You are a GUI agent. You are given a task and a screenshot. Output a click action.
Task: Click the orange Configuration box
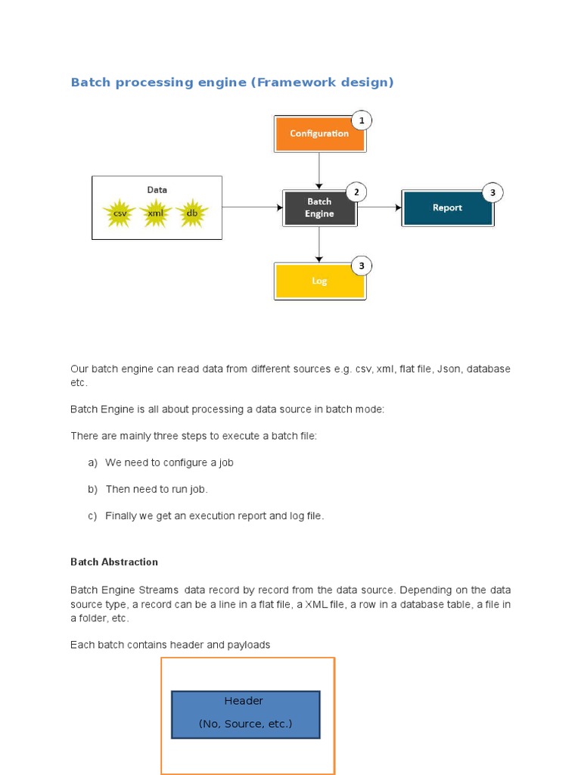318,134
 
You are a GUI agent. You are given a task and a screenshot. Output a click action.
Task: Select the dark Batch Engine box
318,208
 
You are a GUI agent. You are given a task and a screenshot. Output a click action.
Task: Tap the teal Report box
447,208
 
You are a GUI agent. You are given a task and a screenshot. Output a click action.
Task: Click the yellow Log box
318,281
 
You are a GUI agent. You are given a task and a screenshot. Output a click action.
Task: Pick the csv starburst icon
120,213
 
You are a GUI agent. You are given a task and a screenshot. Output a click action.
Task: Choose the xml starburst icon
156,213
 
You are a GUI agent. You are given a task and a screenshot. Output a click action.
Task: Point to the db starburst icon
192,213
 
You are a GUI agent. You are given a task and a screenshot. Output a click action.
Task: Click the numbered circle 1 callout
362,120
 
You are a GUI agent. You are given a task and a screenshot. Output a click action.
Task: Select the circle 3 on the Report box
492,193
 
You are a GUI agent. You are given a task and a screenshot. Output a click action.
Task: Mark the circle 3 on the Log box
362,266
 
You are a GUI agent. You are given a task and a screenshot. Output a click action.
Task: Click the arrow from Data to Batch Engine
252,207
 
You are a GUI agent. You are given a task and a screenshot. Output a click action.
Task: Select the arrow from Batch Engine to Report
379,207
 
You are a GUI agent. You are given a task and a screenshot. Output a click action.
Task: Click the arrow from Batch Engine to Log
319,244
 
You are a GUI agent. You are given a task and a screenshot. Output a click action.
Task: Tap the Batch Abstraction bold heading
114,562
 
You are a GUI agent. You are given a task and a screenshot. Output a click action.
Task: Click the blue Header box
245,714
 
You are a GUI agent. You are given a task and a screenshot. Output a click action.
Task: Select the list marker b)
92,490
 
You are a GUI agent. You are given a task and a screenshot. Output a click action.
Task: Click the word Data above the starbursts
157,190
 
